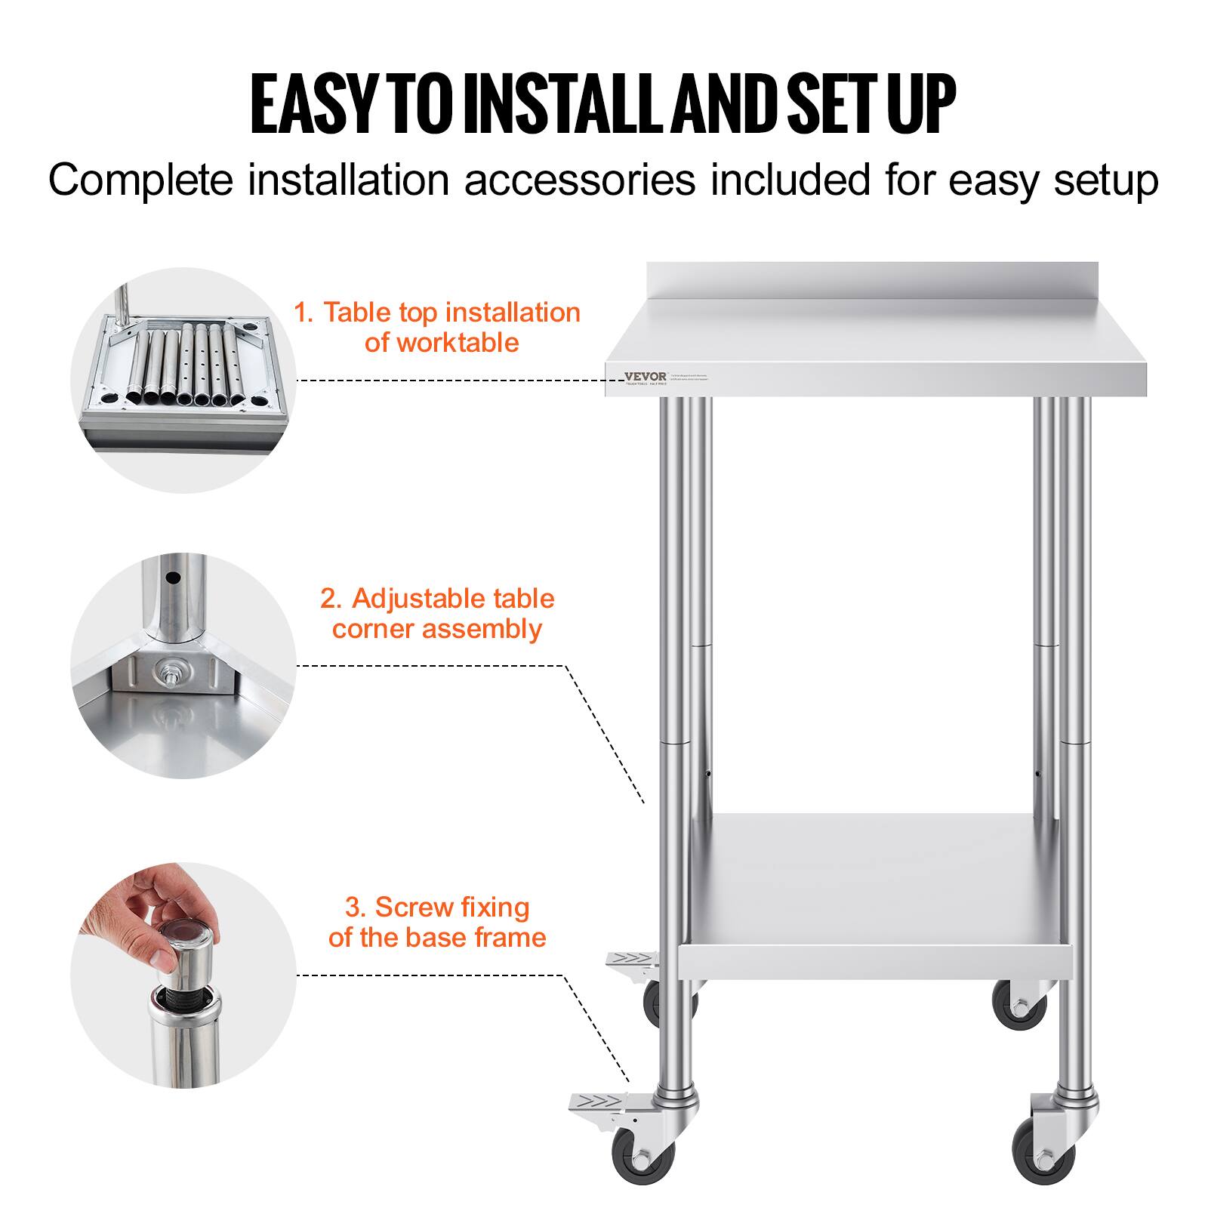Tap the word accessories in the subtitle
coord(579,180)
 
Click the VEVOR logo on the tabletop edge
coord(646,377)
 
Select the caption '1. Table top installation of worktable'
coord(437,327)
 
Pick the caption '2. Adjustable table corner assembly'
coord(437,613)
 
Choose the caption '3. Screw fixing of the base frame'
coord(437,922)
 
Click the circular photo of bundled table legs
coord(183,380)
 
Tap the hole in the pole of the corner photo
coord(173,578)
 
